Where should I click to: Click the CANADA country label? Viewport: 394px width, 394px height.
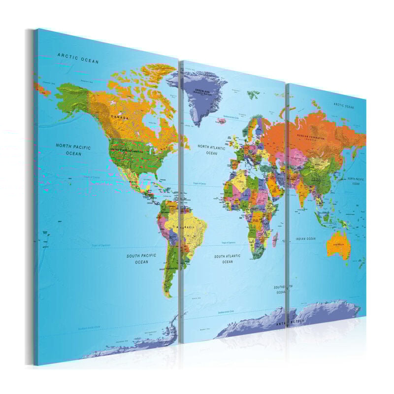[x=119, y=118]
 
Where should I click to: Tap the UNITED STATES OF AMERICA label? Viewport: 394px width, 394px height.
[x=127, y=150]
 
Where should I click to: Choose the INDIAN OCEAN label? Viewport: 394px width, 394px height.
[x=305, y=239]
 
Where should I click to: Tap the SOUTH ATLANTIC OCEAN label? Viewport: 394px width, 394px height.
[x=227, y=259]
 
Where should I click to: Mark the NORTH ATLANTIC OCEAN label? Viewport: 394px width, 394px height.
[x=211, y=150]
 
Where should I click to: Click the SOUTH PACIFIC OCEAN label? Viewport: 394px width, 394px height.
[x=141, y=259]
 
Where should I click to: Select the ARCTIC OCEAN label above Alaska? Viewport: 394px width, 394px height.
[x=78, y=58]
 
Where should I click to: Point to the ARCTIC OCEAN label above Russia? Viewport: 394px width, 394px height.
[x=344, y=105]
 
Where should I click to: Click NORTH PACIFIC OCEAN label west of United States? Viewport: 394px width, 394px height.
[x=74, y=149]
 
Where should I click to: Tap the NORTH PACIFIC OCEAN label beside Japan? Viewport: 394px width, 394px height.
[x=356, y=181]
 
